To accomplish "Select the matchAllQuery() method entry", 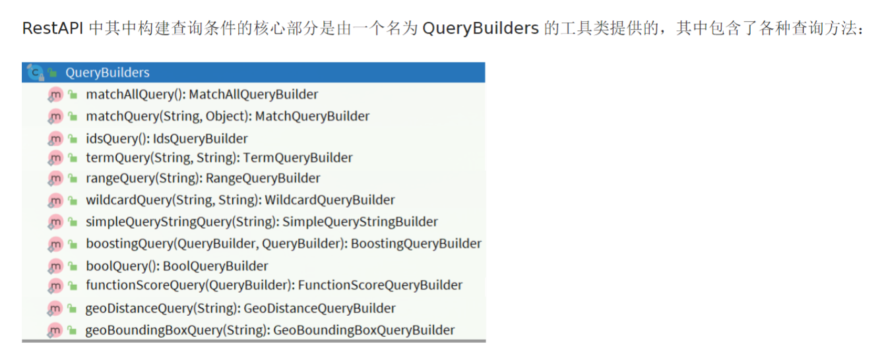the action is (202, 94).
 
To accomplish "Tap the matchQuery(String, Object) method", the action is (228, 116).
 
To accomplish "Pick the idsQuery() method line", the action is (167, 138).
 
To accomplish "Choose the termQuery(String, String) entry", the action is (219, 158).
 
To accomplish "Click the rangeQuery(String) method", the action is (203, 178).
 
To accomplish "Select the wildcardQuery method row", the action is (240, 200).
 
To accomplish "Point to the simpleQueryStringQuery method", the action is (261, 222).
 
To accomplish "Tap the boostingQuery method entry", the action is (283, 243).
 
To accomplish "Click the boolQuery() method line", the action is (177, 266).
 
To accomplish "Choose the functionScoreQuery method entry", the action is (274, 285).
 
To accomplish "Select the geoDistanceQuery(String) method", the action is (240, 308).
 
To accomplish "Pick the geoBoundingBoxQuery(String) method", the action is (270, 330).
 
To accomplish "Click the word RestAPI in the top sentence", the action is (52, 28).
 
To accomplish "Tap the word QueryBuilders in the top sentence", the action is (480, 28).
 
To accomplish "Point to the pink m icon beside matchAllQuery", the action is (55, 94).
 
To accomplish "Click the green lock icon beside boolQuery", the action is (73, 266).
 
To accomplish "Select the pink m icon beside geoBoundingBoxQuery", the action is (55, 330).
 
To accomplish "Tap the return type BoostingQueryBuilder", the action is (416, 243).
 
